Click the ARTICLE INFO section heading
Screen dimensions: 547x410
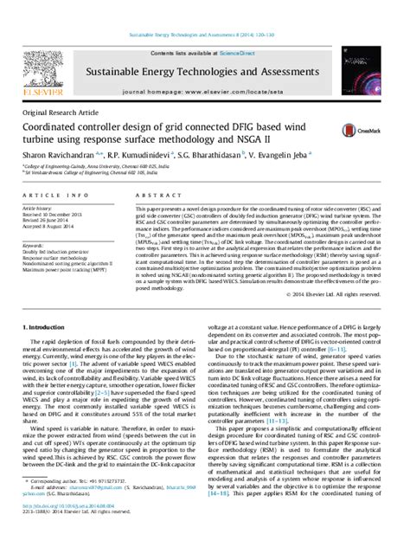49,196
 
